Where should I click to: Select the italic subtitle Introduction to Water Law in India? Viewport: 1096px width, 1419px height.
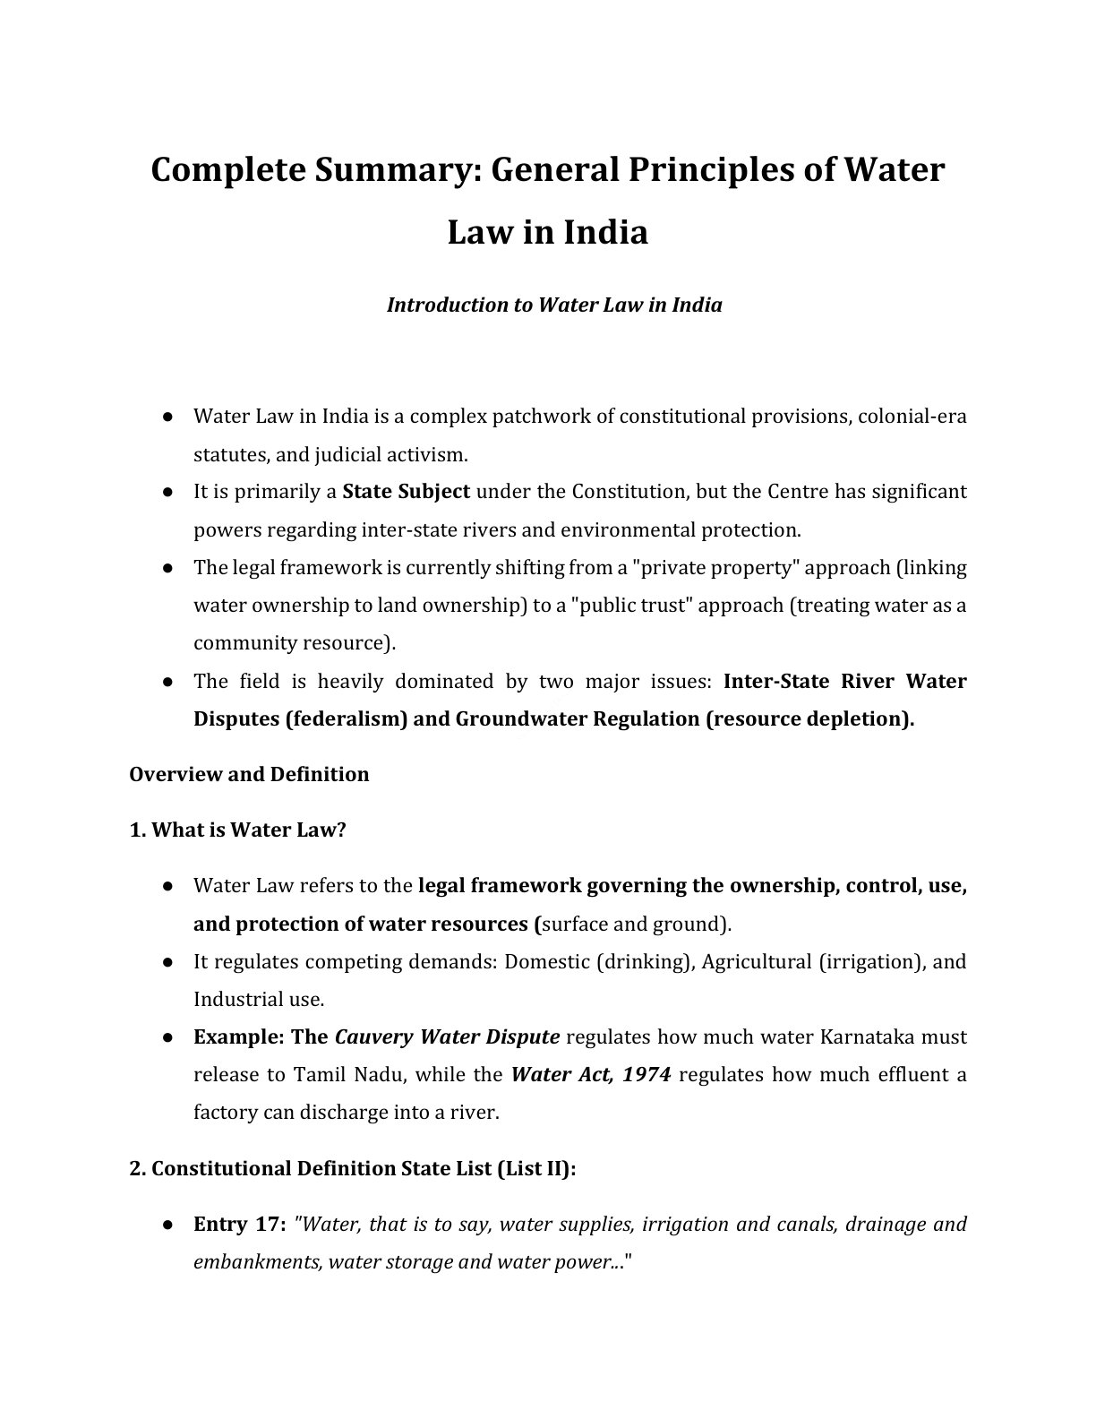[554, 305]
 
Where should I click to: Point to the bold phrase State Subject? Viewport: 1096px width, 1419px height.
[407, 492]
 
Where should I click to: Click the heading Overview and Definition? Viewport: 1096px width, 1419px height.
[249, 774]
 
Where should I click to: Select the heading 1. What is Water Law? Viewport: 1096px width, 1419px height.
[237, 830]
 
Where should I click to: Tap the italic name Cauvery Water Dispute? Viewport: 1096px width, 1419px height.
[447, 1037]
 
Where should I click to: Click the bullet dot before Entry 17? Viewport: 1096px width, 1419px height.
[167, 1225]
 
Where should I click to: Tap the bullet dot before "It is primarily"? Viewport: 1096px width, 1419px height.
[167, 492]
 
